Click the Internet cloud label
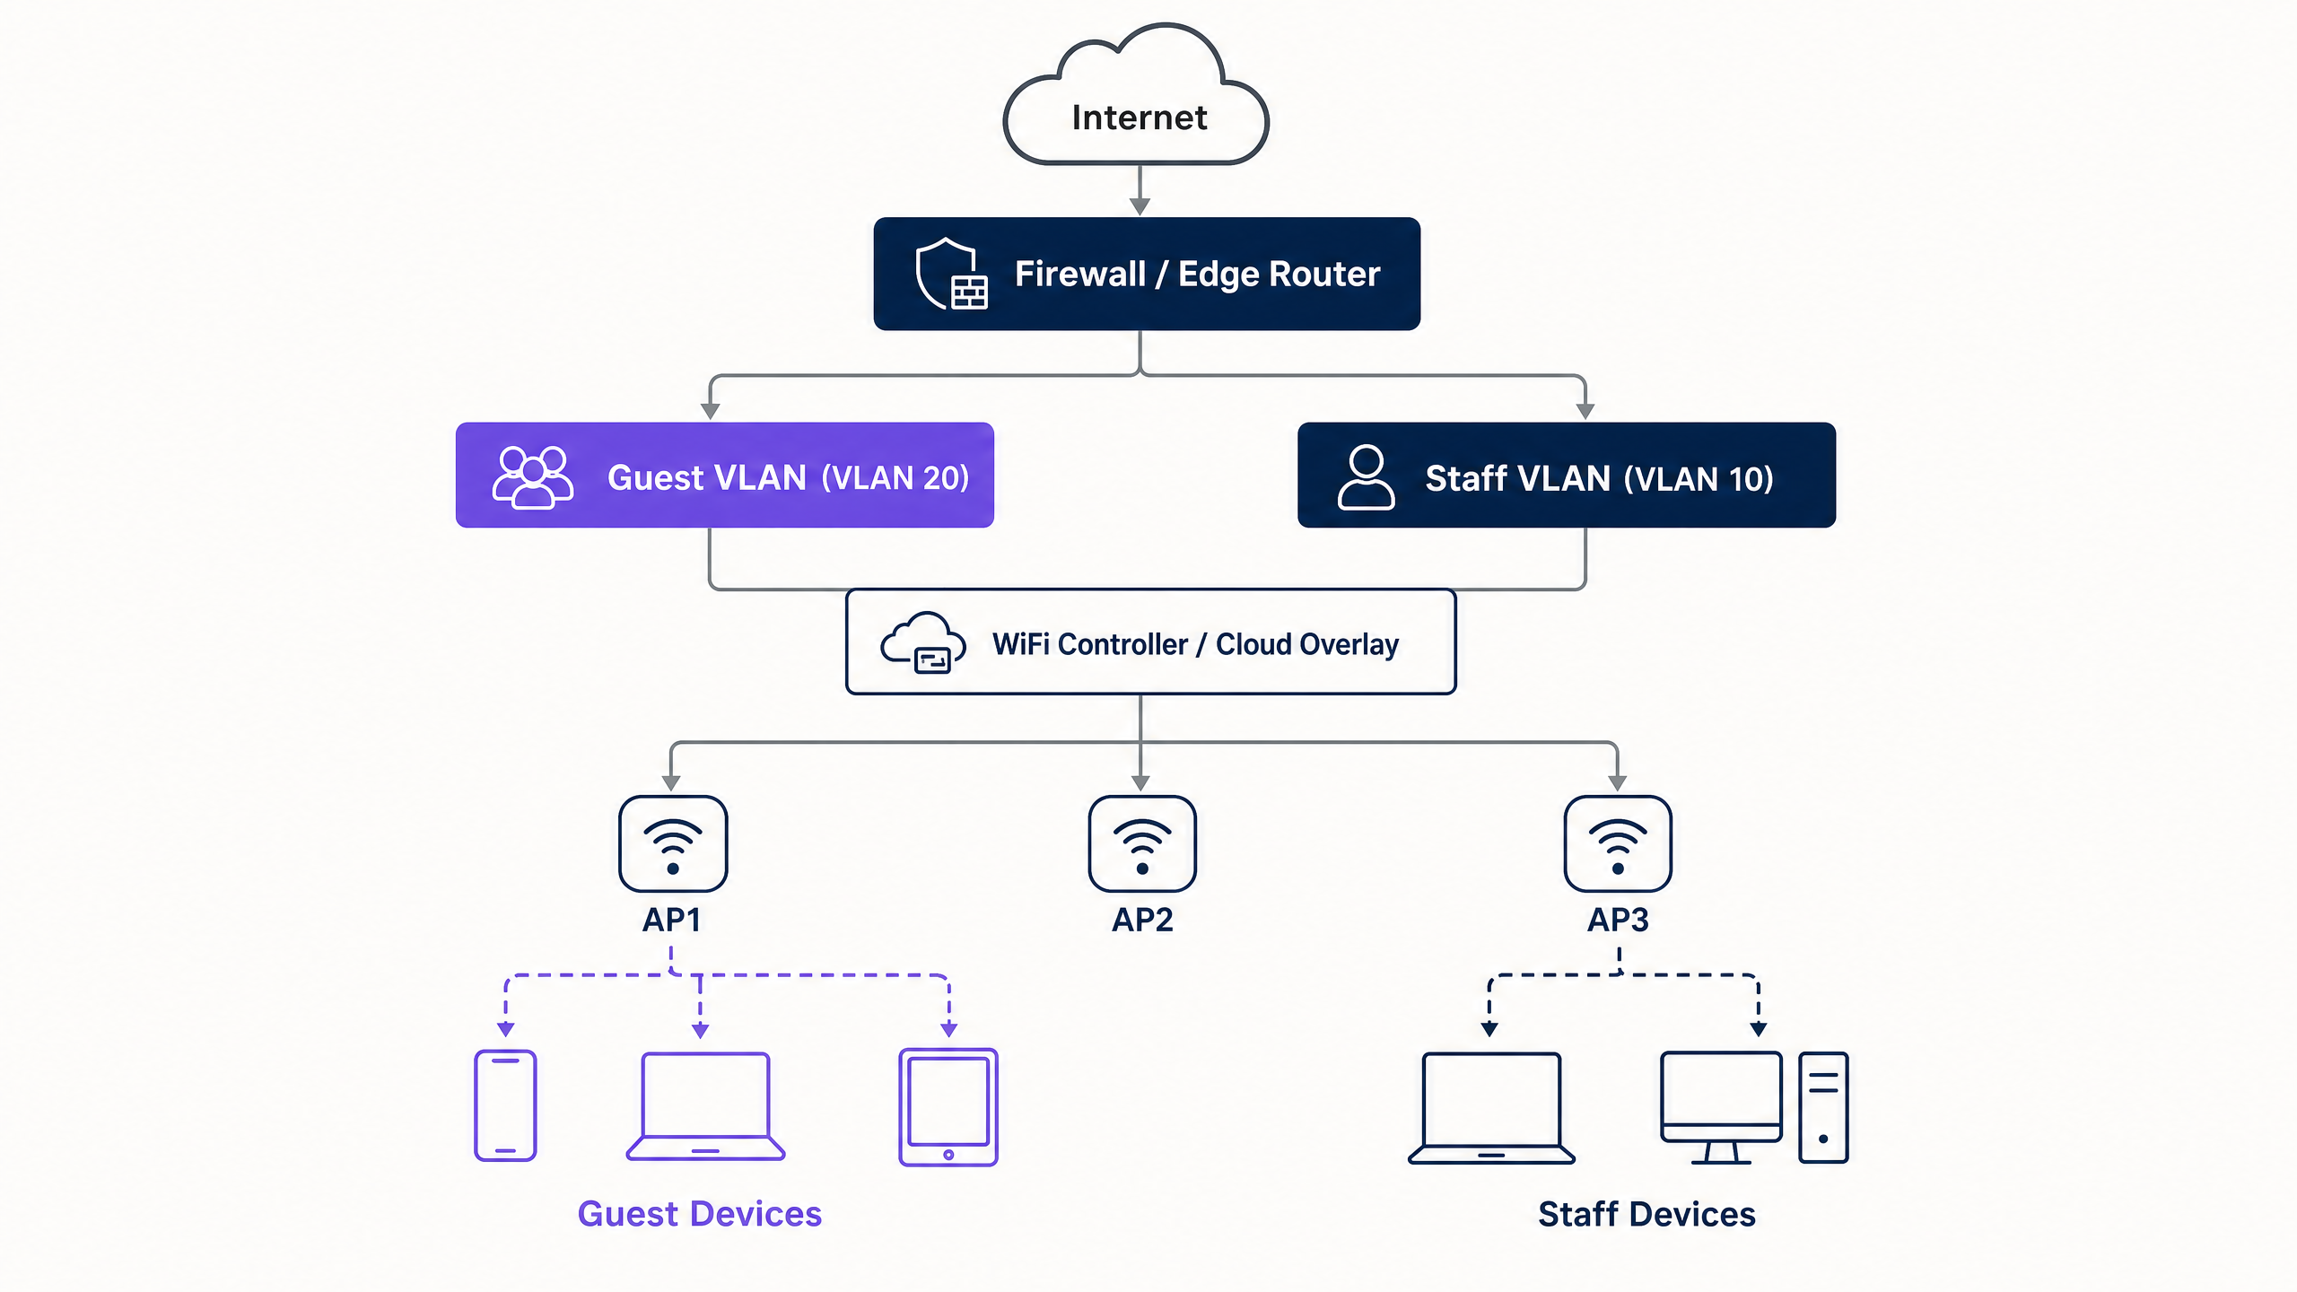1140,118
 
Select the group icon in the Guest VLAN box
533,476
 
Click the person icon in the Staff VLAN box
1366,476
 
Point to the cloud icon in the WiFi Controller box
923,642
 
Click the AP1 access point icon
673,843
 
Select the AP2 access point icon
1142,843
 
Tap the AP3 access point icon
1618,843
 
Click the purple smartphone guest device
505,1105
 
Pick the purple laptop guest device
705,1106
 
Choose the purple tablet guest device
948,1107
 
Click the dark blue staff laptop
1491,1108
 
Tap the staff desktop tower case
1823,1107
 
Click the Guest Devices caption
700,1214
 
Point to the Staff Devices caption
1646,1214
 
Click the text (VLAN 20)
895,478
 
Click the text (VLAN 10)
1699,479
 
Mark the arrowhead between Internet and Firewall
1140,206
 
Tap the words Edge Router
1279,275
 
